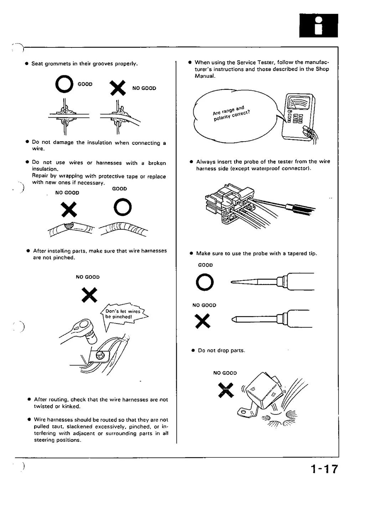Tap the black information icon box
[318, 25]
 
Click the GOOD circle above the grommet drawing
[65, 85]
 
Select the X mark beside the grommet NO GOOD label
[118, 88]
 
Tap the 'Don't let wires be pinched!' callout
[123, 314]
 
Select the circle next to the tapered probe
[205, 282]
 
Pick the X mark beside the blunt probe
[202, 321]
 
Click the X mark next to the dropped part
[226, 389]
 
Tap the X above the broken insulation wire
[69, 209]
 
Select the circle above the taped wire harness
[122, 207]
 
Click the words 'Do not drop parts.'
[221, 351]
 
